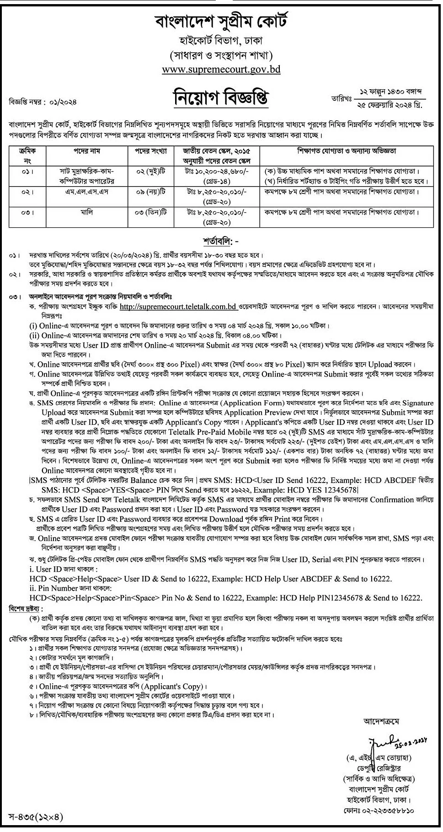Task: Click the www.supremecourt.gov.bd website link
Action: coord(221,70)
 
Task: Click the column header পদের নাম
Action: coord(87,151)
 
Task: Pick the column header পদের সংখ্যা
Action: coord(150,151)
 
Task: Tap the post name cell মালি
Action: coord(87,213)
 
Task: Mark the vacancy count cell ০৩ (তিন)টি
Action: coord(150,213)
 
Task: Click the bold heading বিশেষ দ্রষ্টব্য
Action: coord(26,609)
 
